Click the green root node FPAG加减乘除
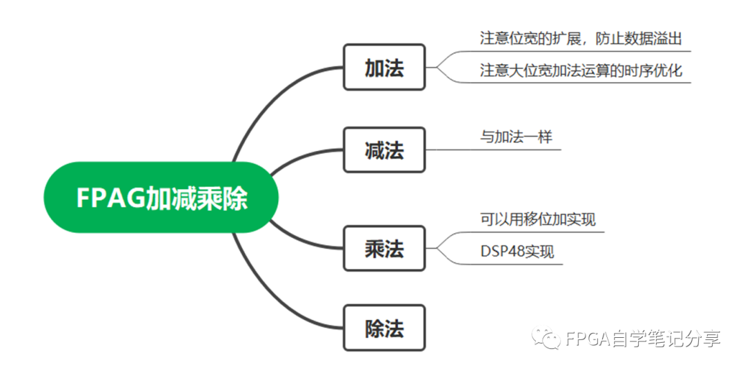[x=161, y=199]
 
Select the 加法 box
[x=384, y=68]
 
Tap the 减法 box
[x=384, y=150]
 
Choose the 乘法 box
[x=384, y=248]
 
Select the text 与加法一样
[x=516, y=137]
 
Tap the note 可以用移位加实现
[x=538, y=219]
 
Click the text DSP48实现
[x=517, y=252]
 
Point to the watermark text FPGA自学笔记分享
[x=642, y=339]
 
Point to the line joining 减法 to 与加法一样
[x=483, y=149]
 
